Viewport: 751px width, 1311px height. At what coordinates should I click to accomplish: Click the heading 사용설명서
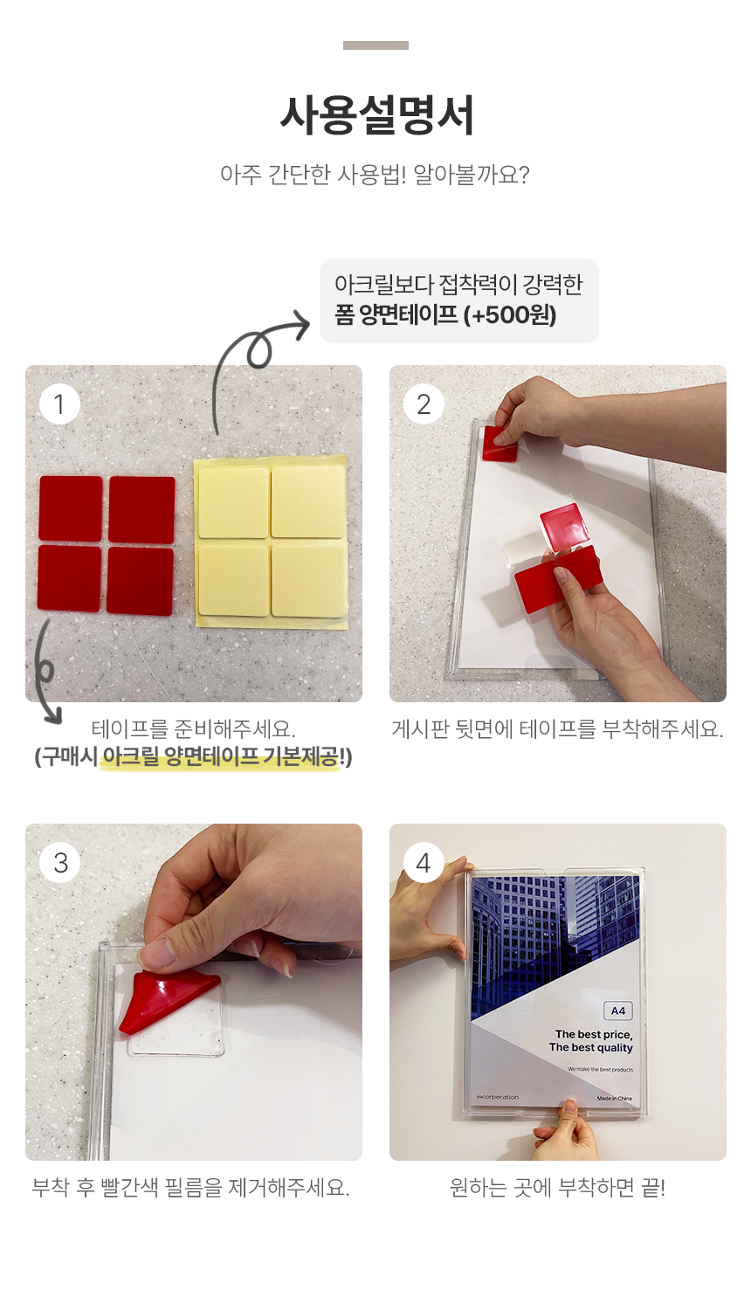(376, 115)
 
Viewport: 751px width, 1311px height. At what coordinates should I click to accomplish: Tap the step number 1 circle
(59, 404)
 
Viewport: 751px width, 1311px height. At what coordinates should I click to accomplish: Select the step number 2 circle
(424, 404)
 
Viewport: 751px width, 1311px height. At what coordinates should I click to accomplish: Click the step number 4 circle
(424, 863)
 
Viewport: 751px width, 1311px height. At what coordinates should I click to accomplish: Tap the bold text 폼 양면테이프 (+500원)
(445, 315)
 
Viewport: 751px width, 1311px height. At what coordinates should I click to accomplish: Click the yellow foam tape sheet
(271, 542)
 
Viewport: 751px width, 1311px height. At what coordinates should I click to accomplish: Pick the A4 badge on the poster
(618, 1011)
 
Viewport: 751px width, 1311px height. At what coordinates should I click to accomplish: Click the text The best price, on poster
(594, 1034)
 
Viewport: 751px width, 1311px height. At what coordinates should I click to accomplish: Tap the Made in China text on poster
(615, 1099)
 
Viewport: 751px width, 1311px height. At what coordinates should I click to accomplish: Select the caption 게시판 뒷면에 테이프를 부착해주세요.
(557, 729)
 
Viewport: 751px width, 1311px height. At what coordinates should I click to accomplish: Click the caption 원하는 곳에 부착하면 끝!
(557, 1188)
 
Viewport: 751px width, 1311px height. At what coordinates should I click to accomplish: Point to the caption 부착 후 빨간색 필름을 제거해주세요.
(191, 1188)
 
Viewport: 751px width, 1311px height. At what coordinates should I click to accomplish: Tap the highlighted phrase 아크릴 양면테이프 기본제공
(220, 756)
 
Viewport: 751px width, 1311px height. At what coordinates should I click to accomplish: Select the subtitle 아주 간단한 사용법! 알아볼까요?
(375, 175)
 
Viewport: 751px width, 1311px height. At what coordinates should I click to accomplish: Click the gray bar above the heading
(375, 45)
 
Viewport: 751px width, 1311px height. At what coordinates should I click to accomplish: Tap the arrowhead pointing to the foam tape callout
(303, 325)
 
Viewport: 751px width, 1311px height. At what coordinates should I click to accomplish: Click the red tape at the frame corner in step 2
(500, 445)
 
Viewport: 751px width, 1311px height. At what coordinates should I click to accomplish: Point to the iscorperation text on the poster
(498, 1097)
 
